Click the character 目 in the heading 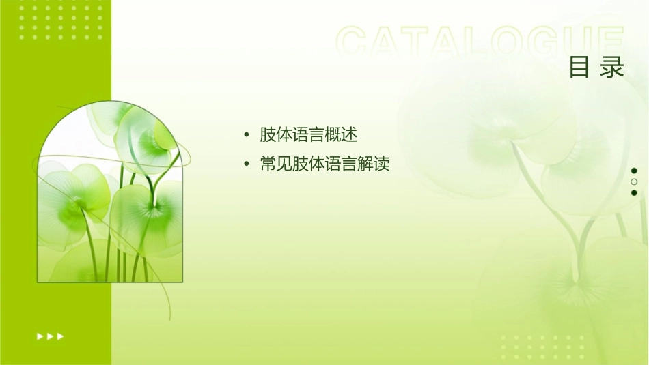pos(580,67)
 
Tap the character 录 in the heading pos(613,67)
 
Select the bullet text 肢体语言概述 pos(308,134)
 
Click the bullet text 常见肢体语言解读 pos(324,164)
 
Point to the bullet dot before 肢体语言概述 pos(246,135)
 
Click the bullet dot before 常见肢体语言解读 pos(246,165)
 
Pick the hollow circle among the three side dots pos(634,181)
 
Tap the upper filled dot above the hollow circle pos(634,171)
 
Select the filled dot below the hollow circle pos(634,192)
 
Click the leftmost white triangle pos(40,336)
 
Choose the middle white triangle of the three pos(50,336)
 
